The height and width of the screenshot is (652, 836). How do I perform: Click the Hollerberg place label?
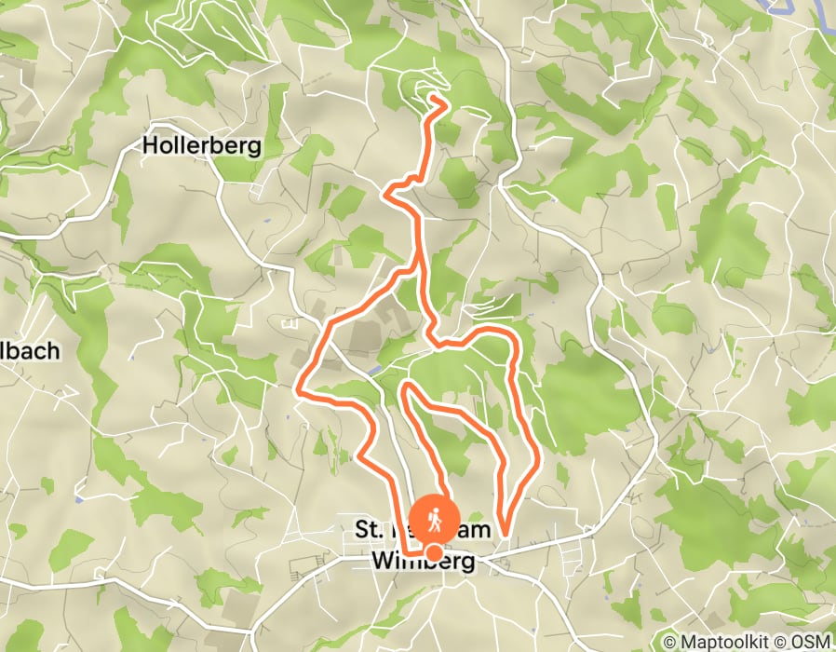200,146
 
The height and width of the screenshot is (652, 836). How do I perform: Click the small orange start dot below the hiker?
434,553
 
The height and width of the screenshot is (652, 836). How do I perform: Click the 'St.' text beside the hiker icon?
370,529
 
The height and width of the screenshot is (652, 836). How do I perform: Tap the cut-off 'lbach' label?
30,352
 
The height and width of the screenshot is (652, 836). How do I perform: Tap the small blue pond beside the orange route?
375,370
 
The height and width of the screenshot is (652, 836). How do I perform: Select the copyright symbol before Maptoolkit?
670,642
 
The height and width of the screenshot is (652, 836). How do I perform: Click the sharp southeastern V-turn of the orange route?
503,531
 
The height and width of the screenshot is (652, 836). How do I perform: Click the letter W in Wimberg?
382,561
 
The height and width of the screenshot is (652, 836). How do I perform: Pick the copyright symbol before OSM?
790,642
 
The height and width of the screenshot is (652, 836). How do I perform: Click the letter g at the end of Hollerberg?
253,148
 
